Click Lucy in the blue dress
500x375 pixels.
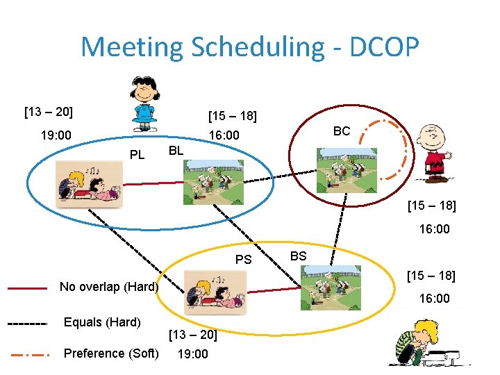(x=145, y=103)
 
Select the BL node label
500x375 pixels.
(x=176, y=149)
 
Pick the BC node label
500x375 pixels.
(x=342, y=131)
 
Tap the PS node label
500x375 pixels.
(x=243, y=260)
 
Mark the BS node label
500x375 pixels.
(x=298, y=256)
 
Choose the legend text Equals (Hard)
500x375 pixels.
(x=102, y=322)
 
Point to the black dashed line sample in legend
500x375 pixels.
(x=27, y=323)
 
